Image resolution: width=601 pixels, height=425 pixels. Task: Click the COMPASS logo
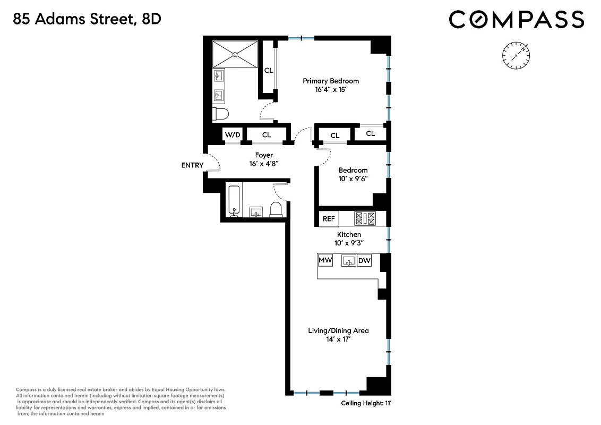click(516, 20)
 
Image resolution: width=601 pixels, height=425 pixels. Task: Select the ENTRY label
click(192, 165)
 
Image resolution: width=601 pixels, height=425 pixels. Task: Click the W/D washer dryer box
click(233, 135)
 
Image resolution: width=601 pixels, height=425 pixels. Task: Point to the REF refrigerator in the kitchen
click(329, 218)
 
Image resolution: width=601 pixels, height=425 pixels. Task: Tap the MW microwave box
click(325, 261)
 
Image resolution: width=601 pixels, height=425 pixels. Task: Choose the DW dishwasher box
click(364, 261)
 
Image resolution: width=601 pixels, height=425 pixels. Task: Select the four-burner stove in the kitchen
click(365, 218)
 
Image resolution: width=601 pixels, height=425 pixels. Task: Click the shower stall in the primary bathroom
click(235, 54)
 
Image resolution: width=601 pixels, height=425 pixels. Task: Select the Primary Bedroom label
click(331, 81)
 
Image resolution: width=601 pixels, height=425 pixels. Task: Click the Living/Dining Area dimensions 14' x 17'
click(338, 339)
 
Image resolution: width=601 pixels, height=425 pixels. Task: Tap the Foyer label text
click(264, 155)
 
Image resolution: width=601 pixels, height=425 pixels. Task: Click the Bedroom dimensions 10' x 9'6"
click(353, 180)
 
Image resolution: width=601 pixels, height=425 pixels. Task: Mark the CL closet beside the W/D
click(267, 135)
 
